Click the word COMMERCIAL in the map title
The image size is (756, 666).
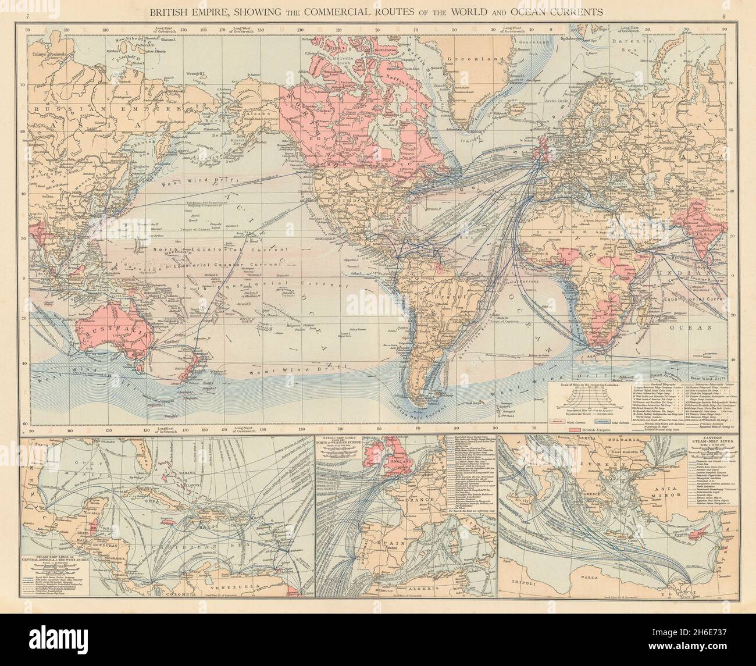click(322, 11)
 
